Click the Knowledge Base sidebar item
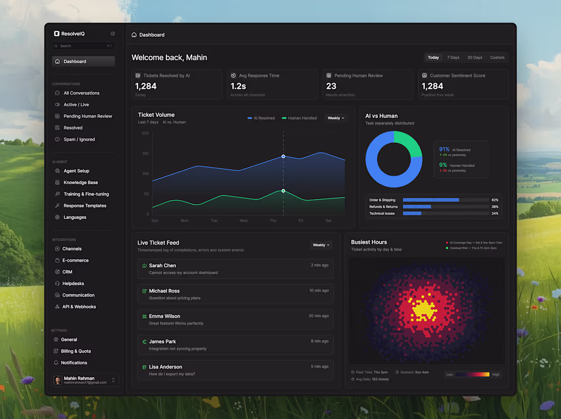[x=81, y=183]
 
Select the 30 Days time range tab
[x=474, y=58]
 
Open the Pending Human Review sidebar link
[x=87, y=116]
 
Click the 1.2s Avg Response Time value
[x=238, y=86]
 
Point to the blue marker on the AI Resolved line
[x=283, y=157]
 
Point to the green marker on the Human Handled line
[x=283, y=191]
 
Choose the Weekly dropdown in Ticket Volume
[x=336, y=118]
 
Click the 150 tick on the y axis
[x=145, y=154]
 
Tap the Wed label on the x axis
[x=243, y=221]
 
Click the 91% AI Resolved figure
[x=444, y=150]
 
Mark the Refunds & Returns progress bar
[x=445, y=207]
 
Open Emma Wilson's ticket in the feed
[x=235, y=319]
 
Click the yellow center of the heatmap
[x=423, y=309]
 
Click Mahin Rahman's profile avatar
[x=58, y=380]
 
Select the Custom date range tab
[x=497, y=58]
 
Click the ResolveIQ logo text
[x=73, y=34]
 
